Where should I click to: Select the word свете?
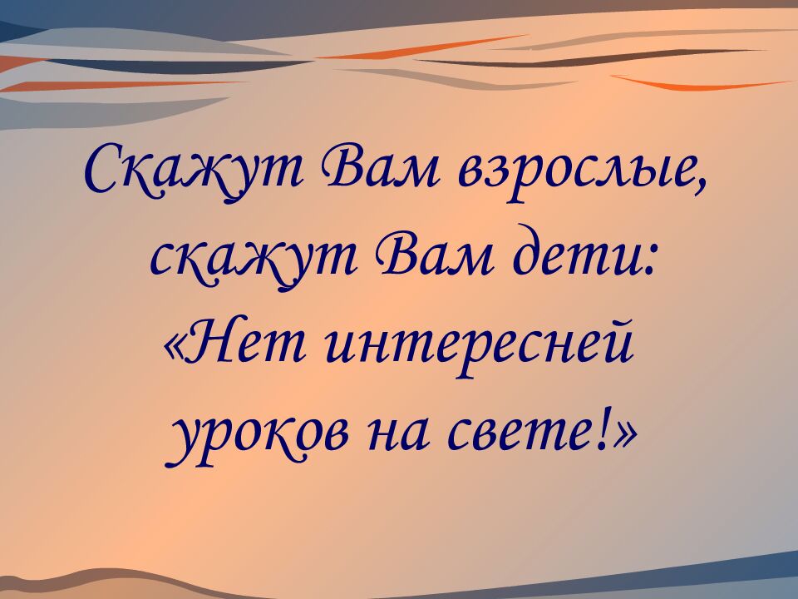pos(523,436)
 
